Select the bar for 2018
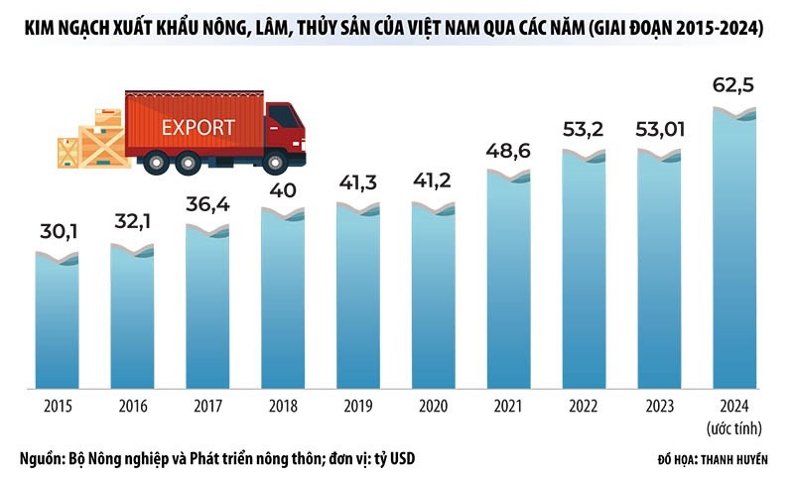(283, 298)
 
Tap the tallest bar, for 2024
(735, 248)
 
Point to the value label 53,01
(659, 131)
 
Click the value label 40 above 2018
(283, 188)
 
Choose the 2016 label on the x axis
(132, 406)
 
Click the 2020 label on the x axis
(434, 406)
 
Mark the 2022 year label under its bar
(585, 406)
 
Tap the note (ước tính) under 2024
(735, 426)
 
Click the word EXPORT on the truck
(198, 127)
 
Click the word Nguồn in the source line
(40, 458)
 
